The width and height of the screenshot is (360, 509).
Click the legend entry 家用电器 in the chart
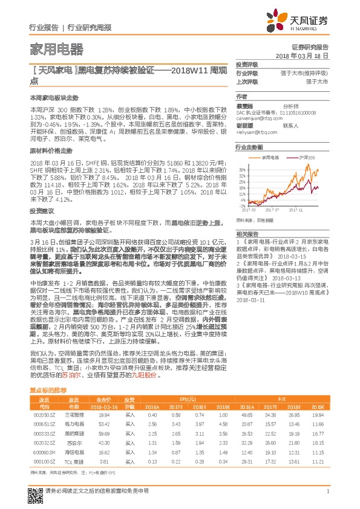[270, 157]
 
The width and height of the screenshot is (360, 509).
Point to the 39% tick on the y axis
[241, 170]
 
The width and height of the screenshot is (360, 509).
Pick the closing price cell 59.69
[103, 434]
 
